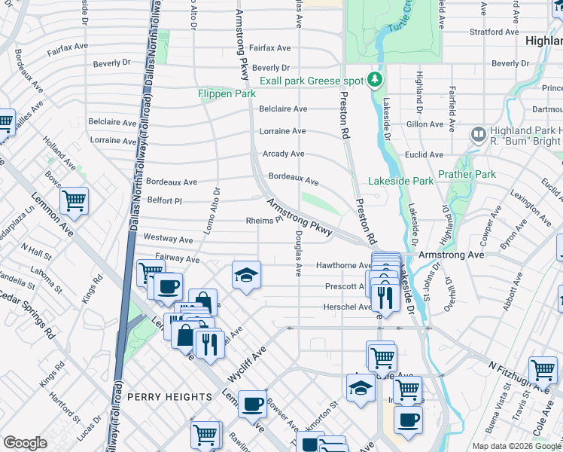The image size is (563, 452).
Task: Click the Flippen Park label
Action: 227,93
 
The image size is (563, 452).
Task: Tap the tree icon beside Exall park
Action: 374,81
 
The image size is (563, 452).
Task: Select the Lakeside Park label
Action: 400,181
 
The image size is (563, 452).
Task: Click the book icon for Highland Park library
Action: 477,134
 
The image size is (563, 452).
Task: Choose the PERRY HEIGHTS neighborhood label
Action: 169,397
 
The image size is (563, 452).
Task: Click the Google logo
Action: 25,443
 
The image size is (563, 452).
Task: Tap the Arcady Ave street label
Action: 283,154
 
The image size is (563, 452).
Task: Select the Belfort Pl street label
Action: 165,201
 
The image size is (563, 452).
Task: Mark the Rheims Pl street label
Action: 263,221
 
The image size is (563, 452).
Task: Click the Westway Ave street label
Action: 169,239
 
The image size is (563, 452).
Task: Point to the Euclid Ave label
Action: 424,154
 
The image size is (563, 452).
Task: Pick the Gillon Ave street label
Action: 425,124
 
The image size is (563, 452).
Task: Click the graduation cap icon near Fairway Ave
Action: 245,276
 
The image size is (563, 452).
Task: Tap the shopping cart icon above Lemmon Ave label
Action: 74,200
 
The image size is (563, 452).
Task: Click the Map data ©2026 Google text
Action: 516,446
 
